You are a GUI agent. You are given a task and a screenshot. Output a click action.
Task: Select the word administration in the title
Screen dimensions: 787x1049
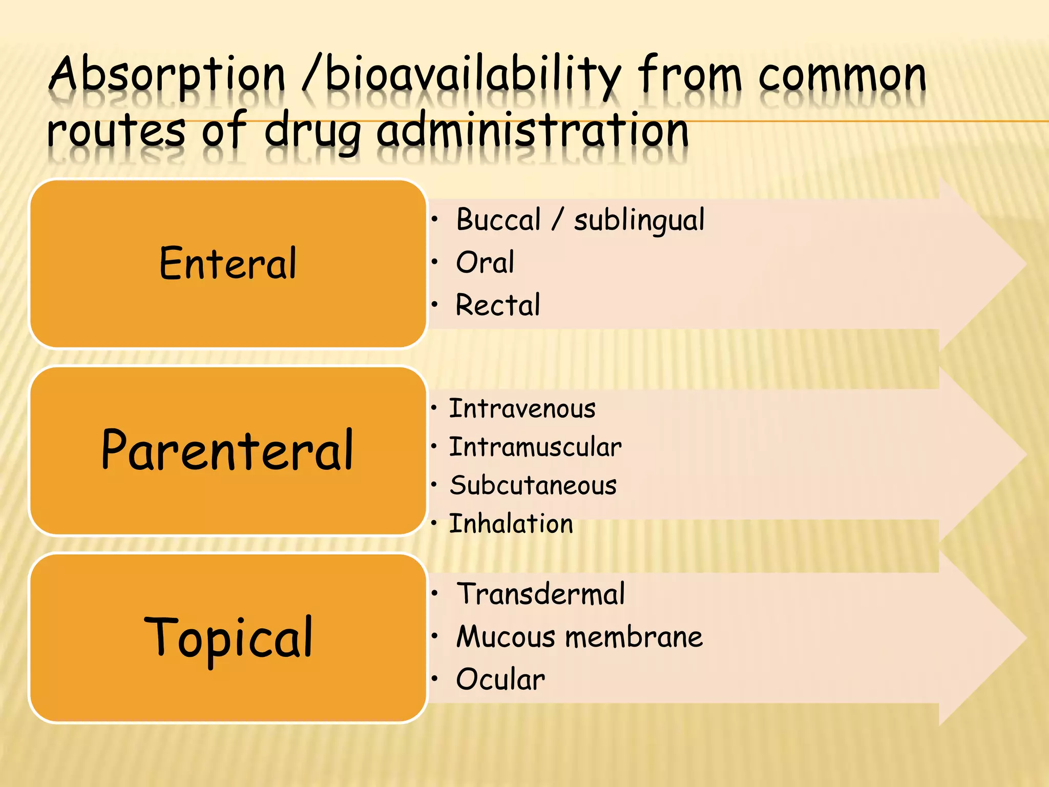533,131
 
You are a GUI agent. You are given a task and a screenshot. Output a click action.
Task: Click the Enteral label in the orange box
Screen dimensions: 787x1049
228,263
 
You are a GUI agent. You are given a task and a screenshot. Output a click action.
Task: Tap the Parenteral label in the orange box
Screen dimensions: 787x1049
228,450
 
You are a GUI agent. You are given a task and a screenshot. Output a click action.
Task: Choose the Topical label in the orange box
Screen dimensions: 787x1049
228,637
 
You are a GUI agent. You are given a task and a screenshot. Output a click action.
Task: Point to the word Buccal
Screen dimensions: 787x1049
498,220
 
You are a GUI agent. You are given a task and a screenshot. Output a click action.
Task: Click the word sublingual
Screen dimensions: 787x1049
639,221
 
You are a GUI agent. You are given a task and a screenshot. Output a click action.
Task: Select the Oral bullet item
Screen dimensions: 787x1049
485,262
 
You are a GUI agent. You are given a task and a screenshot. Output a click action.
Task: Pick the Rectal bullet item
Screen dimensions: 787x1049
498,305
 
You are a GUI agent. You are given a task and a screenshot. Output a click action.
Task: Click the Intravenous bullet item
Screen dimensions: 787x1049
522,409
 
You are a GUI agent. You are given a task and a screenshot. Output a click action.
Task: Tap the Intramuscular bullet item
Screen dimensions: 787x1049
535,447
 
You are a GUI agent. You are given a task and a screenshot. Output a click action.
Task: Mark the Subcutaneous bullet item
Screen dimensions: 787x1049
533,485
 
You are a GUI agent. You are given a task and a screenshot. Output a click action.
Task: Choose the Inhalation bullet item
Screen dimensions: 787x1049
511,524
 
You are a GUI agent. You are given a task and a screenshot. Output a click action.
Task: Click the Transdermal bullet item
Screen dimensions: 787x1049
540,594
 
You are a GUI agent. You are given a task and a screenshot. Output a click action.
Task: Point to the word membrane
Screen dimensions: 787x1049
634,637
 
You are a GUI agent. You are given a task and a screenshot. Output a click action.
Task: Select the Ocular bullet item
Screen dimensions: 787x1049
500,679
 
